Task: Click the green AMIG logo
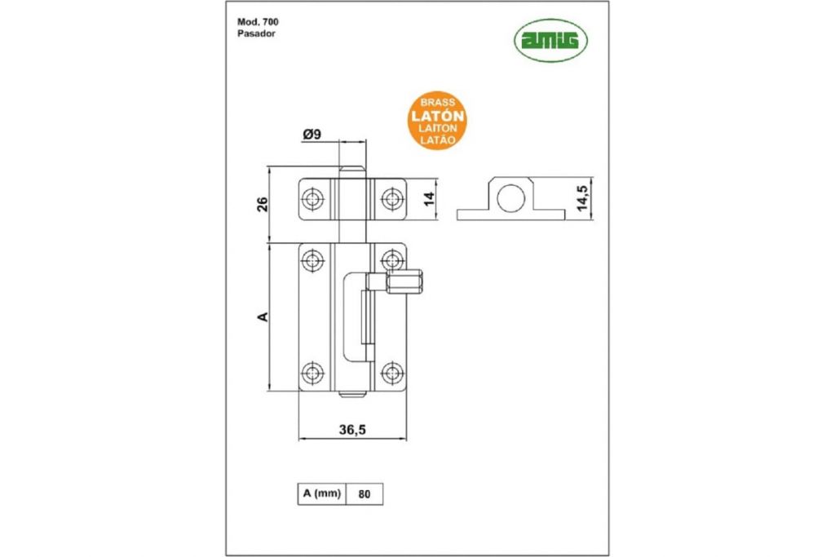click(x=550, y=41)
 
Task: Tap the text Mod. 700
click(x=258, y=22)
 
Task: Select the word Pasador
click(x=256, y=33)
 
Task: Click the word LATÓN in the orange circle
click(x=437, y=116)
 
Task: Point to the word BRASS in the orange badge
click(x=438, y=102)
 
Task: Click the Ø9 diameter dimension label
click(x=312, y=135)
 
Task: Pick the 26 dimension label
click(x=263, y=204)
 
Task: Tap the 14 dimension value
click(x=429, y=199)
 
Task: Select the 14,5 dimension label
click(x=584, y=198)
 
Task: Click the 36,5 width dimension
click(x=352, y=430)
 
